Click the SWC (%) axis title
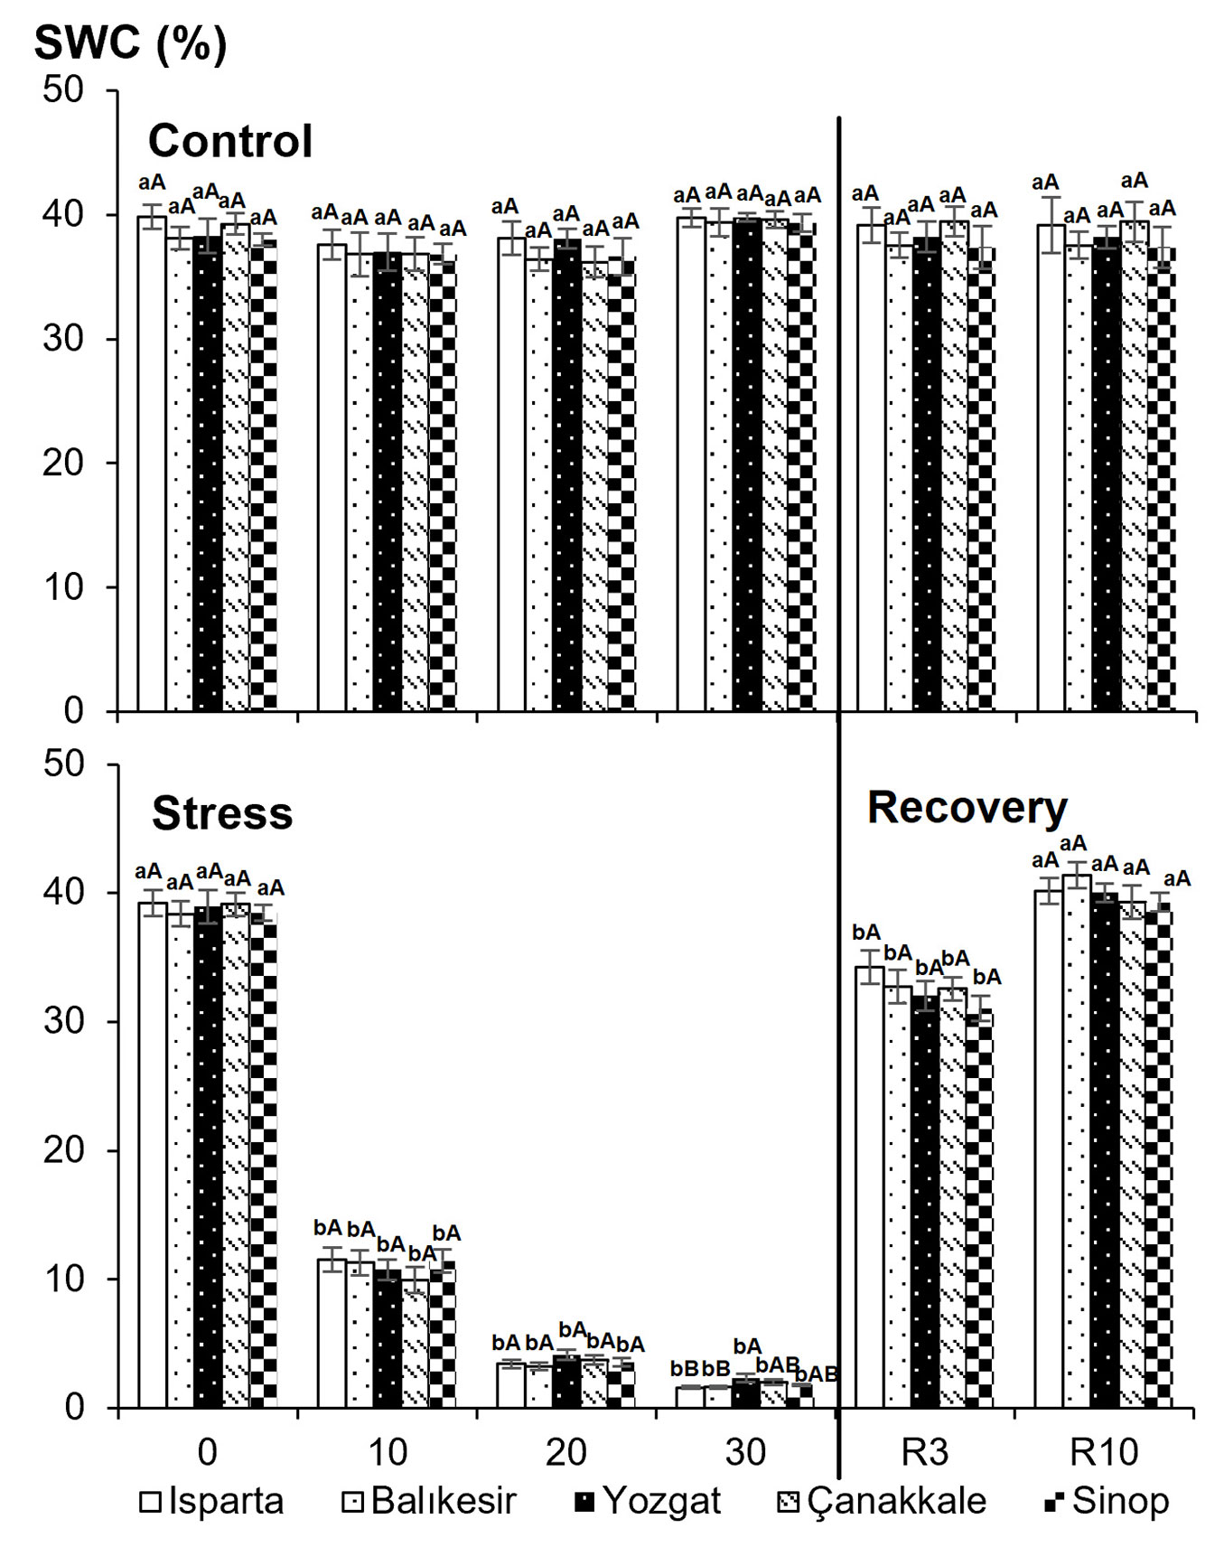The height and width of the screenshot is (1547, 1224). click(130, 42)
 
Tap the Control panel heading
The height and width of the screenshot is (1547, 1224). click(230, 141)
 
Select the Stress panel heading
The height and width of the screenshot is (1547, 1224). click(222, 813)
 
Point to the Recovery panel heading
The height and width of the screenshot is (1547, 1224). click(967, 808)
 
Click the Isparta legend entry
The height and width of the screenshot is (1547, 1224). click(212, 1501)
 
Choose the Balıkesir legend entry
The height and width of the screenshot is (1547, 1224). click(429, 1501)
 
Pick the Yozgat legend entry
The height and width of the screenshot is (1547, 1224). click(648, 1501)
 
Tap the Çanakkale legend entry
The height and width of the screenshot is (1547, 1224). click(882, 1501)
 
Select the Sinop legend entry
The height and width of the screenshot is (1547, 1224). click(1107, 1501)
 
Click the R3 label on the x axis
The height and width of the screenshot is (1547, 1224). click(926, 1452)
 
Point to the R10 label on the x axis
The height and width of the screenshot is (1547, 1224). click(1105, 1452)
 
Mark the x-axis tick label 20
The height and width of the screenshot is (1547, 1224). click(566, 1452)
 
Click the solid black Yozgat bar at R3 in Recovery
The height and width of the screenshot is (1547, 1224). click(925, 1202)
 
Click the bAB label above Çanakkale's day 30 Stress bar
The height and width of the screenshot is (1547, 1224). click(778, 1364)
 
